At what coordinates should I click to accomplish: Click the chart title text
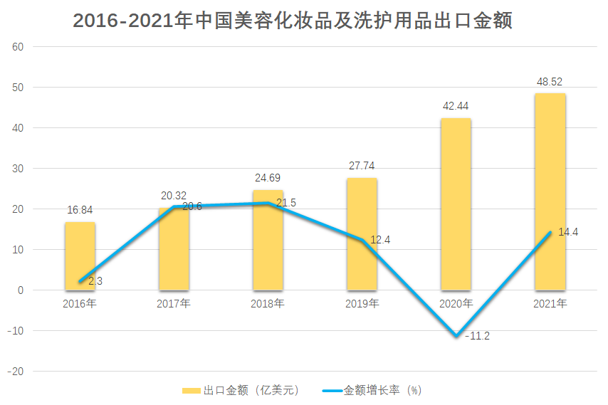click(x=293, y=21)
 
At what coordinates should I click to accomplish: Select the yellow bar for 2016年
click(x=80, y=256)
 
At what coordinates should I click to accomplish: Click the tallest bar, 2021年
click(x=550, y=191)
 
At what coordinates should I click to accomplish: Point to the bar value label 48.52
click(x=550, y=82)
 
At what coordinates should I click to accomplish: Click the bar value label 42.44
click(x=456, y=106)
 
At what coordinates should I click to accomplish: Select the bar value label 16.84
click(x=80, y=210)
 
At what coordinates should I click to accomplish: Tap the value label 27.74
click(x=362, y=166)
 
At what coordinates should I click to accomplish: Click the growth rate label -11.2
click(x=476, y=336)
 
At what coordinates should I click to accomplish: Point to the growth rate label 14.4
click(x=567, y=231)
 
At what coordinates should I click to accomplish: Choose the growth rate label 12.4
click(x=380, y=240)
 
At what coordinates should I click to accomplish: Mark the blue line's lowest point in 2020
click(x=456, y=335)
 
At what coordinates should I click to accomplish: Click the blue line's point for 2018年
click(x=268, y=204)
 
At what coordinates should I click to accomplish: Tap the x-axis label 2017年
click(x=174, y=304)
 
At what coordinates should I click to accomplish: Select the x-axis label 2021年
click(x=550, y=304)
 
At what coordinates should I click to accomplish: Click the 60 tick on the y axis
click(x=18, y=47)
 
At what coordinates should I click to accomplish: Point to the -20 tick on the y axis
click(x=15, y=372)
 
